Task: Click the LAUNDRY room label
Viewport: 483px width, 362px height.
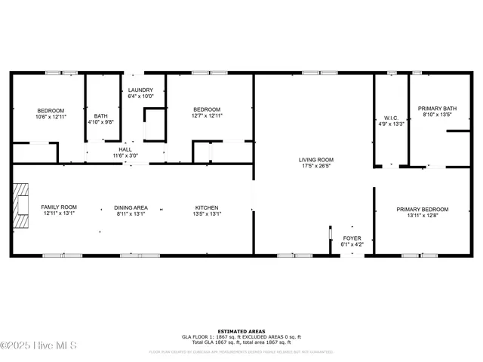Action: (140, 90)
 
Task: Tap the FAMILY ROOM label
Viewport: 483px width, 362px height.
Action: (59, 207)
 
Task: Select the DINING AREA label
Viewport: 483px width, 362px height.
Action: (131, 207)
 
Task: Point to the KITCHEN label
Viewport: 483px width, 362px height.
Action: (207, 207)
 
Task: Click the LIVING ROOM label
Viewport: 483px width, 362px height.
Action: (316, 160)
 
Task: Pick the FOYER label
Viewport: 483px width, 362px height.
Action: (352, 238)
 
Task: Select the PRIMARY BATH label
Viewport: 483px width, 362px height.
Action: (437, 109)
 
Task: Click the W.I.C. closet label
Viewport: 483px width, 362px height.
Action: (391, 118)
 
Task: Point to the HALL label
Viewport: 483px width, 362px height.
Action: (125, 149)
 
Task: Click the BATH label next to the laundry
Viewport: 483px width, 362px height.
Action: (101, 115)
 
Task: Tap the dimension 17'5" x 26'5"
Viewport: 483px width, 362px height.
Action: (316, 167)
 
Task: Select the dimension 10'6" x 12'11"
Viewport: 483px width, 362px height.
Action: (51, 117)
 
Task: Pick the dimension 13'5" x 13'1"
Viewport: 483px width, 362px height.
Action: (207, 214)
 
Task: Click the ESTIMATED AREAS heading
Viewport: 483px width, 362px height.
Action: (241, 331)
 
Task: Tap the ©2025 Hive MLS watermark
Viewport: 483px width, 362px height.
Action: (38, 345)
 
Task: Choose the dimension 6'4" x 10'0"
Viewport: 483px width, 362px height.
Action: (140, 97)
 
